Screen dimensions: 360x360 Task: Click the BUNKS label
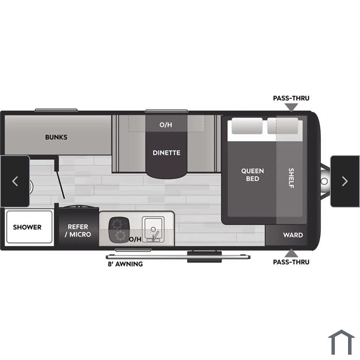click(x=56, y=137)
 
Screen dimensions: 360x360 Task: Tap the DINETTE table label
click(x=167, y=153)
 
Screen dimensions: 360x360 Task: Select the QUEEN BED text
click(x=253, y=175)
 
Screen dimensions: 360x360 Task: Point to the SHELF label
click(x=291, y=178)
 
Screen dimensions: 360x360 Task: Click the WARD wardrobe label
click(x=293, y=235)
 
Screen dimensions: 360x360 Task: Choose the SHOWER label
click(x=27, y=227)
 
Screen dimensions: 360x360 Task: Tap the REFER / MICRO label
click(x=78, y=230)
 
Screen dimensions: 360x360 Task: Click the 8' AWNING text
click(x=125, y=264)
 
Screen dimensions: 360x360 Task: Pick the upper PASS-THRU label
click(x=291, y=98)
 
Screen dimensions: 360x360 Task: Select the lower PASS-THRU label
click(x=291, y=262)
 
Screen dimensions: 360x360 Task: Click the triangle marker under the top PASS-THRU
click(x=292, y=107)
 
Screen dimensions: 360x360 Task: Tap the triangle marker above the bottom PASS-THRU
click(x=292, y=253)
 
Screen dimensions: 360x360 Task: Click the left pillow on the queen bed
click(x=247, y=126)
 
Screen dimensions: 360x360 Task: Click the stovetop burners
click(x=119, y=230)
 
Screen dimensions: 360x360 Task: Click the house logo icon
click(x=341, y=343)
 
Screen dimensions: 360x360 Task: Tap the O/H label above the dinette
click(x=166, y=124)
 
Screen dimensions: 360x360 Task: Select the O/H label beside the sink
click(x=135, y=239)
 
